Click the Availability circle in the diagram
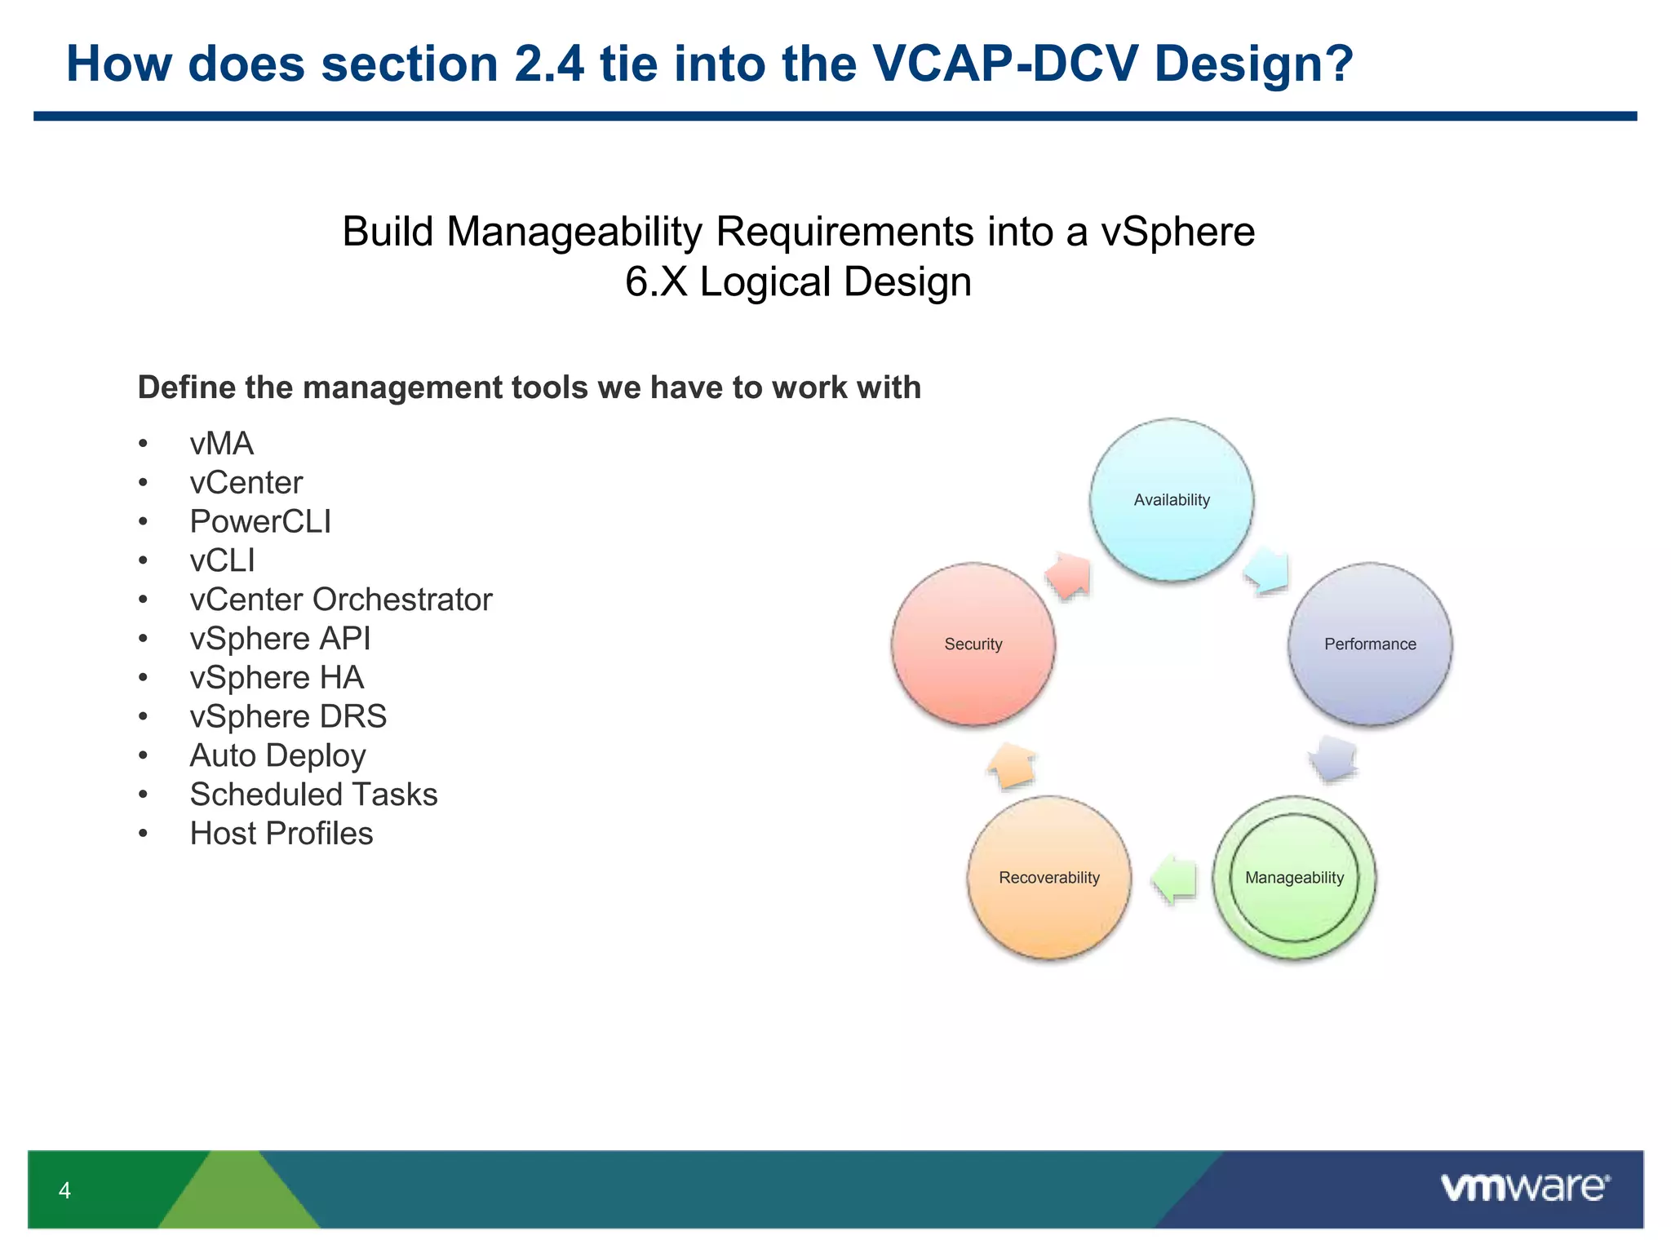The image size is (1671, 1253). [x=1172, y=500]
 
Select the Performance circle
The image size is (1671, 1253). [x=1370, y=644]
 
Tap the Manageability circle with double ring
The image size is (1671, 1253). [x=1294, y=878]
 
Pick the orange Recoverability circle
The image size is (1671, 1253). [x=1049, y=878]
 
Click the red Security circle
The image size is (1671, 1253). [x=973, y=644]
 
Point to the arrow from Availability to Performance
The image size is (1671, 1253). [x=1267, y=569]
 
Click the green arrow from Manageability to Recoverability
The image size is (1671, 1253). [x=1174, y=879]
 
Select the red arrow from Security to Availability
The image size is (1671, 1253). [x=1070, y=575]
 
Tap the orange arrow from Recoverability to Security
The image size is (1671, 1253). [x=1012, y=766]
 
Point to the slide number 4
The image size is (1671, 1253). [x=64, y=1190]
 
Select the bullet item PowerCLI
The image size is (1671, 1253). [x=260, y=522]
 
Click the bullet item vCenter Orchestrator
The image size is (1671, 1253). [x=340, y=600]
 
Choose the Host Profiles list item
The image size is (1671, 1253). [x=281, y=834]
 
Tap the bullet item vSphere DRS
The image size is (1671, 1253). [x=288, y=717]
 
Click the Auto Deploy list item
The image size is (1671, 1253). [x=277, y=756]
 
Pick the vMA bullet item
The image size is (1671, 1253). [x=221, y=444]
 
